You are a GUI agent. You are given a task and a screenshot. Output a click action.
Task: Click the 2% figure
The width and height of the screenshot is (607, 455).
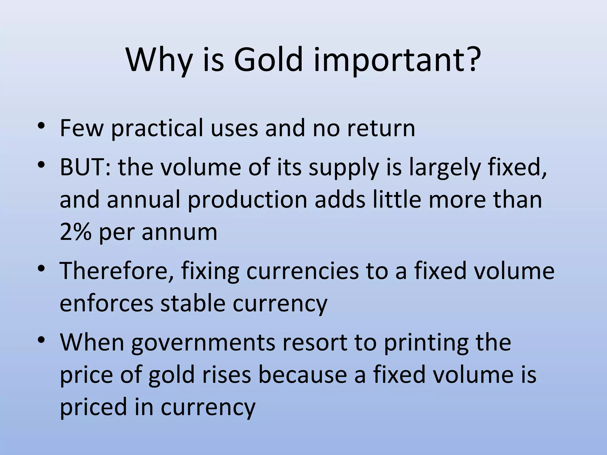[x=75, y=232]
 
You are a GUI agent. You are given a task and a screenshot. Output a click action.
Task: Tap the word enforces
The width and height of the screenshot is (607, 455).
[x=106, y=303]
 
